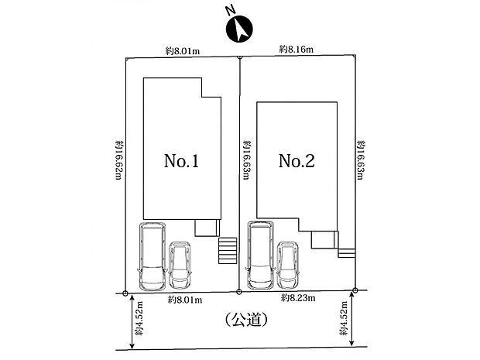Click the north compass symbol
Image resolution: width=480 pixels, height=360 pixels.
coord(239,29)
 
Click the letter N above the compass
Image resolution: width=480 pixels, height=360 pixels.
coord(230,10)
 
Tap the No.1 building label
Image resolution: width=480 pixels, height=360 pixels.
coord(181,161)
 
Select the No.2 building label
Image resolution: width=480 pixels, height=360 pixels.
coord(297,161)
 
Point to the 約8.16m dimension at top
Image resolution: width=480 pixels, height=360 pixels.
coord(296,49)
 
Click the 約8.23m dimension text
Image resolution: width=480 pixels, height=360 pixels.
coord(298,297)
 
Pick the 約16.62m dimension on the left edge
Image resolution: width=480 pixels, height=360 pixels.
coord(119,160)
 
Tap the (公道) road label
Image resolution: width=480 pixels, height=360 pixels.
coord(246,320)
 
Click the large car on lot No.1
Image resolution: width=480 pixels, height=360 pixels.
coord(153,256)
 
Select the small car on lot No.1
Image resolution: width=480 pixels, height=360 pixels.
coord(180,265)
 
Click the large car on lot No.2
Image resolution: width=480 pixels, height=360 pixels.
coord(260,255)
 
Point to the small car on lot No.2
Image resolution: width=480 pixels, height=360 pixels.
coord(288,265)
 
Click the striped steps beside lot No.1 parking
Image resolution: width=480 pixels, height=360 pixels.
coord(228,250)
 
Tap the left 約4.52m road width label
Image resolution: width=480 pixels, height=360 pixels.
coord(139,318)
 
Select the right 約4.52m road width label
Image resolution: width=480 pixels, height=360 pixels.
coord(343,318)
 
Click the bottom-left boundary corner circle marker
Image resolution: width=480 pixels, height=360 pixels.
coord(125,293)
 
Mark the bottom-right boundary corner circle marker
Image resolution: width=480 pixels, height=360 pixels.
coord(355,290)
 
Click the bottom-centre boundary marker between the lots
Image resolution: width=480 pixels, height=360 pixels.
coord(239,292)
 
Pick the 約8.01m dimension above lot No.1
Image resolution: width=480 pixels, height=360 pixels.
coord(183,51)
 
